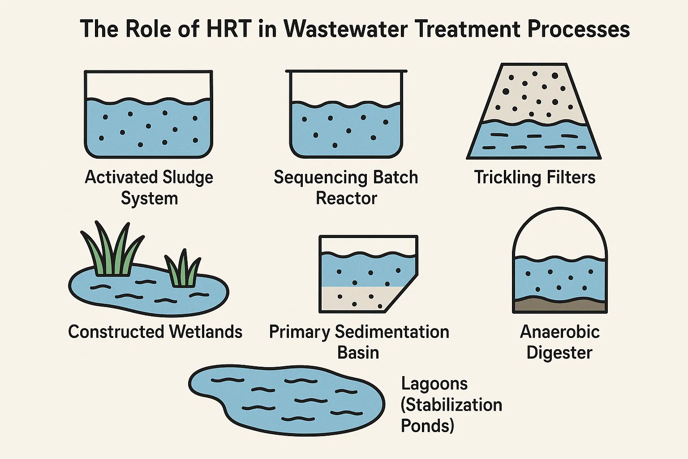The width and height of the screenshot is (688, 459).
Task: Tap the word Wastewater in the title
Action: pyautogui.click(x=346, y=29)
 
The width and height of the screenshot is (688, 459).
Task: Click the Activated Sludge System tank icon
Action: pyautogui.click(x=148, y=115)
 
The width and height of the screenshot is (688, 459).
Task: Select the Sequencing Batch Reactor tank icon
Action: pyautogui.click(x=346, y=115)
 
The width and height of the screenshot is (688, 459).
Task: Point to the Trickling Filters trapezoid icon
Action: pyautogui.click(x=534, y=112)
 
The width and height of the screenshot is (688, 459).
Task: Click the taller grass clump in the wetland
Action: pyautogui.click(x=112, y=251)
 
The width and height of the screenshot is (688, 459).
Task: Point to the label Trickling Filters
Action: pyautogui.click(x=535, y=178)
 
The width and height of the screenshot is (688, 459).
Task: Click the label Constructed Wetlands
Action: pyautogui.click(x=155, y=332)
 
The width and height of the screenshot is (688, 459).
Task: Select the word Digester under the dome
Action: pyautogui.click(x=559, y=353)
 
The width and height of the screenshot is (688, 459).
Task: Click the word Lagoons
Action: pyautogui.click(x=434, y=384)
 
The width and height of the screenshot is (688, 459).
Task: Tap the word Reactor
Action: pyautogui.click(x=346, y=198)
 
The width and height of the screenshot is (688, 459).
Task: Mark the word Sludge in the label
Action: pyautogui.click(x=188, y=178)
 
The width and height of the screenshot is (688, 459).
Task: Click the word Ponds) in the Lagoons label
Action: pyautogui.click(x=427, y=425)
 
